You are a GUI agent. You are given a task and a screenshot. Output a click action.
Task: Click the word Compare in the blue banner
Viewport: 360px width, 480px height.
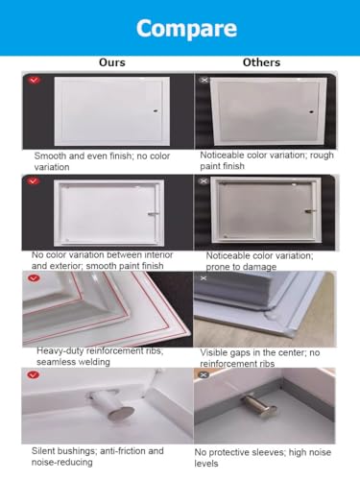pyautogui.click(x=186, y=29)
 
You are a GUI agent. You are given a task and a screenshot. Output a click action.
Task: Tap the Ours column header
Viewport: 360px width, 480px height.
pyautogui.click(x=112, y=62)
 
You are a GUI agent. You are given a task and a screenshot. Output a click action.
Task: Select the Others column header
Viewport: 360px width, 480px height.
pyautogui.click(x=261, y=62)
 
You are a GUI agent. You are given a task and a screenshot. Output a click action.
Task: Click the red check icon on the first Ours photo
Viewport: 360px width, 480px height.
pyautogui.click(x=34, y=80)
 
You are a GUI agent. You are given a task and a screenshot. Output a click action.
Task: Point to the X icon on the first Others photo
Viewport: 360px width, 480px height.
pyautogui.click(x=204, y=80)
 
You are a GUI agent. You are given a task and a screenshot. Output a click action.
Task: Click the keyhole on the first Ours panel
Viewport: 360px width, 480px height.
pyautogui.click(x=156, y=111)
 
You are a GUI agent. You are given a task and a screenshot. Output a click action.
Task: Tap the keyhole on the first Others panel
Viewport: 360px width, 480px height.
pyautogui.click(x=311, y=112)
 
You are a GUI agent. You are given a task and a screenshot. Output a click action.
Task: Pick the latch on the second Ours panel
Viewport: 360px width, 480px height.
pyautogui.click(x=153, y=214)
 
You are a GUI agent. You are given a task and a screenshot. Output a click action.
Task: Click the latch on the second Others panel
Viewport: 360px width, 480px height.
pyautogui.click(x=310, y=211)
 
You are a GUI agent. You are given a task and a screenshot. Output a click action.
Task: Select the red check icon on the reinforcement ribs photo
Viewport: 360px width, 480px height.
pyautogui.click(x=34, y=278)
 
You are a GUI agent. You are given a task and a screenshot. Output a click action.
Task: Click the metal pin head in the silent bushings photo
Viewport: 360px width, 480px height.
pyautogui.click(x=120, y=414)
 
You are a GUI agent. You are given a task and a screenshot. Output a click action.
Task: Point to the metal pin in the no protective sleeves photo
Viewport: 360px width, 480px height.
pyautogui.click(x=259, y=406)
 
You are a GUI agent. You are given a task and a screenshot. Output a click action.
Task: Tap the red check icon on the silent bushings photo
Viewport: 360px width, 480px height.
pyautogui.click(x=34, y=374)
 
